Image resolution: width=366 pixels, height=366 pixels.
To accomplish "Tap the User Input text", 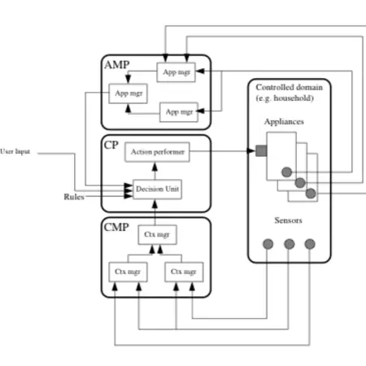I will click(16, 151).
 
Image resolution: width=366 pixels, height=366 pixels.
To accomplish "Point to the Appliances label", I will click(285, 120).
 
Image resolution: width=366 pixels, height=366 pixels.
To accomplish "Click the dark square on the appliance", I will click(261, 150).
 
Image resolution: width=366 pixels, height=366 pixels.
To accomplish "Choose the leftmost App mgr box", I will click(127, 93).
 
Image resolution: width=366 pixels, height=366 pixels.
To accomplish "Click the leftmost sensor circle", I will click(268, 243).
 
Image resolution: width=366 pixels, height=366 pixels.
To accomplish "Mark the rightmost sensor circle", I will click(309, 243).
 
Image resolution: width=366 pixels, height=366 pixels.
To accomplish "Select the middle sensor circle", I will click(289, 243).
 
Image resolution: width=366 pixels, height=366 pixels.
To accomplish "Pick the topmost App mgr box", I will click(176, 72).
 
